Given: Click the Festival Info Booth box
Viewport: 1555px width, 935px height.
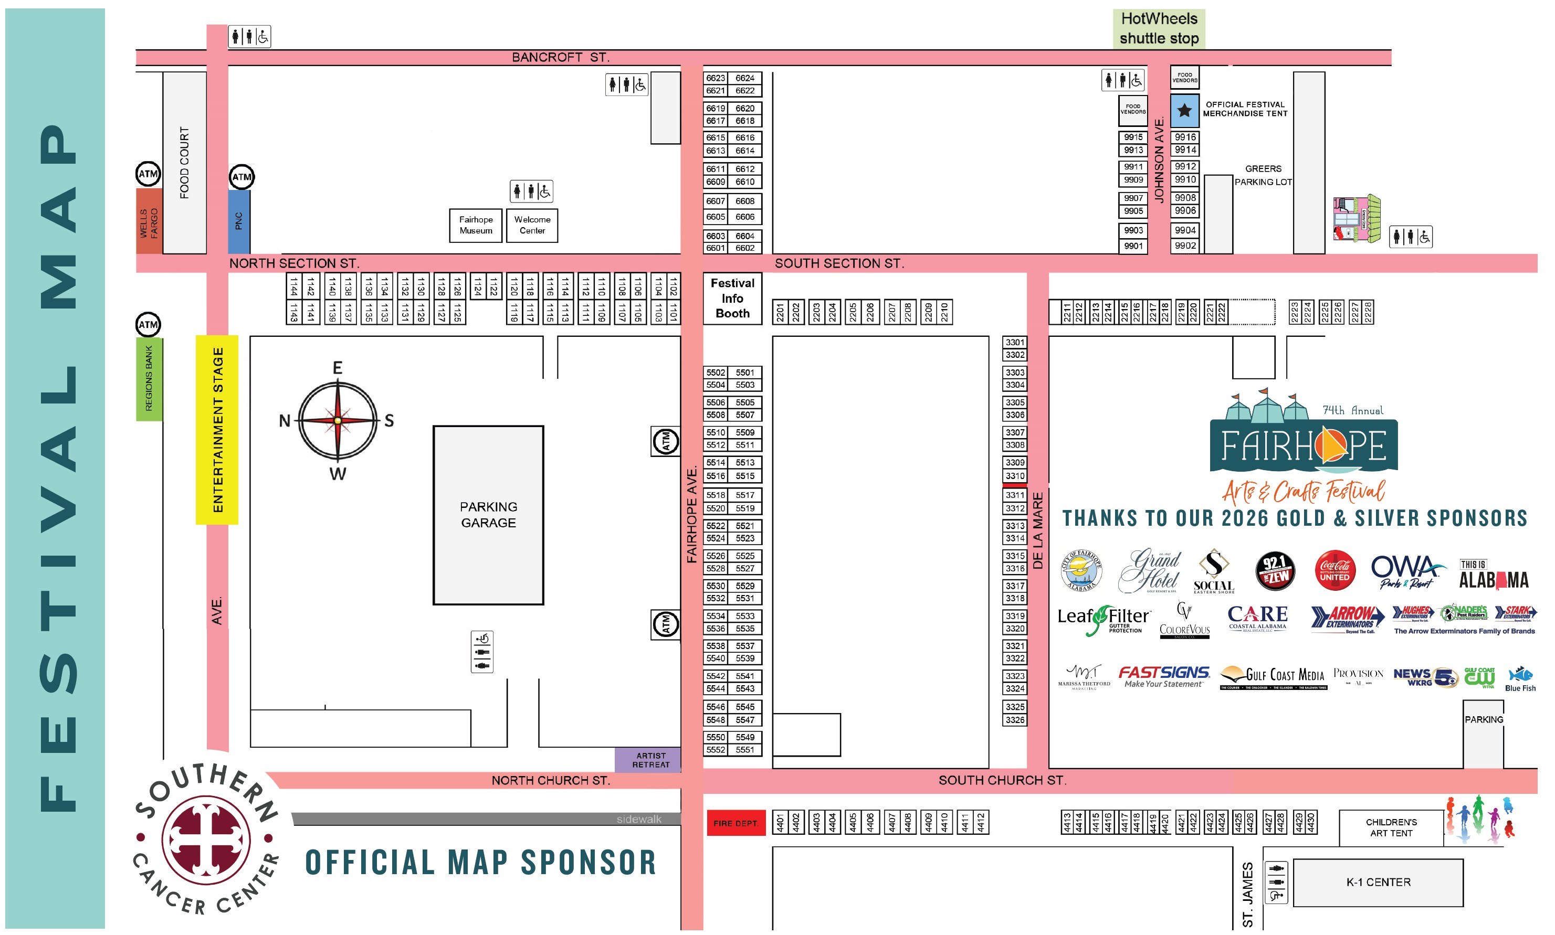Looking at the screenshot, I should (732, 298).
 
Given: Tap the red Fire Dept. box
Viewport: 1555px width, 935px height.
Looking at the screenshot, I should (736, 823).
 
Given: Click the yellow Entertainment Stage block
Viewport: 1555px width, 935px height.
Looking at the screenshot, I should (217, 430).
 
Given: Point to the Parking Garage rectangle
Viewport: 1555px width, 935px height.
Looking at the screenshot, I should (488, 515).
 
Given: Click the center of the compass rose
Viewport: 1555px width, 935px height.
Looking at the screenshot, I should (338, 420).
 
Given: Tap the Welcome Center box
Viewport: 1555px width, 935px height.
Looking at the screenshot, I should (532, 225).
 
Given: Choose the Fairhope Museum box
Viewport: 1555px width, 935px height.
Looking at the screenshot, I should (476, 225).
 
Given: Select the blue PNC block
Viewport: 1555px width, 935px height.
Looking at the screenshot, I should (239, 221).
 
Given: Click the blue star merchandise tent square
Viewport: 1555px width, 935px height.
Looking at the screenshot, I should (1184, 111).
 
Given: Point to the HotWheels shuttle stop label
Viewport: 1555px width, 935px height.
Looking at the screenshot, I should (1159, 28).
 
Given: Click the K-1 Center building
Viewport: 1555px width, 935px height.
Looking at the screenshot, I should (1378, 882).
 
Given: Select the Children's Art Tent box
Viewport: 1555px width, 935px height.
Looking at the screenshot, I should (1391, 827).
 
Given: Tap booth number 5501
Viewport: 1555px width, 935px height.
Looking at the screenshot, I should (744, 373).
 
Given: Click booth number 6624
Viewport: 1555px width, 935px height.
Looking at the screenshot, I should (744, 78).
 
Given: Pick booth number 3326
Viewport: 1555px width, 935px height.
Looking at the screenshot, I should (1015, 719).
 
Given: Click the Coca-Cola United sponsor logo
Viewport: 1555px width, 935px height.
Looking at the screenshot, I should (1335, 571).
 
